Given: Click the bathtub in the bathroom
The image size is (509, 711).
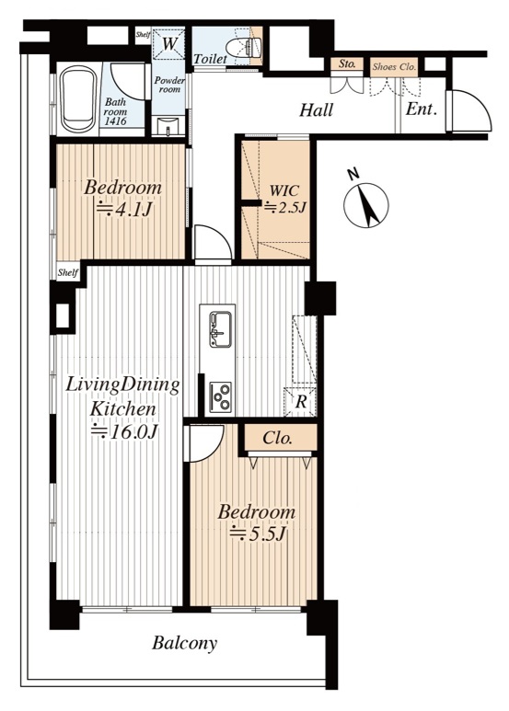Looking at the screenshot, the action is (x=79, y=99).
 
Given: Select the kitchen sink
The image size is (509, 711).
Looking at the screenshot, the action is (x=221, y=329).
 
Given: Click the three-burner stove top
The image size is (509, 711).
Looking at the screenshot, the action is (x=221, y=396).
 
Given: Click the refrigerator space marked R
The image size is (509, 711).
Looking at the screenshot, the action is (x=300, y=402).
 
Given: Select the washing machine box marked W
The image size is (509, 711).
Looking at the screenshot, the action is (x=168, y=44).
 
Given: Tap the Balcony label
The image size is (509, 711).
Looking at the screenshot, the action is (x=184, y=643).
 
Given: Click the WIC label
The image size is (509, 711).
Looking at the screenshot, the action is (x=284, y=190).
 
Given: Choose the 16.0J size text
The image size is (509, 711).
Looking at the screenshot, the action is (x=124, y=431).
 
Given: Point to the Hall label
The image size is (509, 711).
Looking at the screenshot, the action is (x=317, y=110).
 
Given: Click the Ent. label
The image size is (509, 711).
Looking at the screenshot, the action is (x=421, y=109).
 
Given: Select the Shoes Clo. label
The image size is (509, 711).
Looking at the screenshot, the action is (x=394, y=67).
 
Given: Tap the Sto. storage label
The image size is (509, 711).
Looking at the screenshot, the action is (x=347, y=64).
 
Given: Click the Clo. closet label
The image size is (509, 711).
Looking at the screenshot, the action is (x=277, y=438).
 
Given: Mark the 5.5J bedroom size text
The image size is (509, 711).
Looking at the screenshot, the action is (x=259, y=533).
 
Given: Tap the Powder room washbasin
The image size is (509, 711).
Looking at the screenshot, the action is (x=168, y=126).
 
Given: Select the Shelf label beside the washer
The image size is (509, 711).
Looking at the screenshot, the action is (x=144, y=34).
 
